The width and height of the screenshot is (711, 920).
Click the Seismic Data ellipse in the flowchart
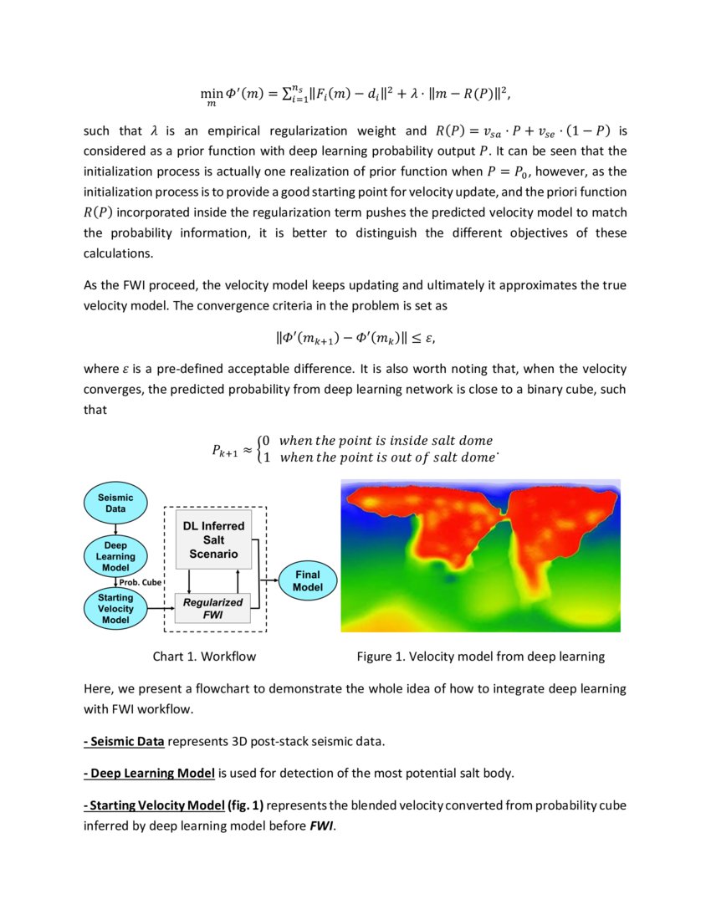[x=115, y=503]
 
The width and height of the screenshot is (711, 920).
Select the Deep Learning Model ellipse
[x=115, y=556]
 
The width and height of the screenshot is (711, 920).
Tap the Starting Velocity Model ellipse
[x=115, y=608]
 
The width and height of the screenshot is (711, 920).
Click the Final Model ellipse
[x=307, y=580]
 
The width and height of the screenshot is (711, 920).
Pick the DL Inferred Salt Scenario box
[x=214, y=539]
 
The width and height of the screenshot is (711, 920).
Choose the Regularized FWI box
[x=213, y=608]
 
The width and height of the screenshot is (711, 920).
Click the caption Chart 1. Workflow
[x=204, y=657]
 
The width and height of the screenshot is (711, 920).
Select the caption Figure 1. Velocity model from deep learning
[x=480, y=657]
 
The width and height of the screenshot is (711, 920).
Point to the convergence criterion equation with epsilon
[x=355, y=339]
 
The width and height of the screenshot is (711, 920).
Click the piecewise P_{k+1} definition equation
[x=355, y=448]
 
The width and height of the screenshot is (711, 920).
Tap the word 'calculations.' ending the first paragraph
[x=118, y=252]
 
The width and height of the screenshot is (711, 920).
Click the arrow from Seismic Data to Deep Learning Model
[x=115, y=528]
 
